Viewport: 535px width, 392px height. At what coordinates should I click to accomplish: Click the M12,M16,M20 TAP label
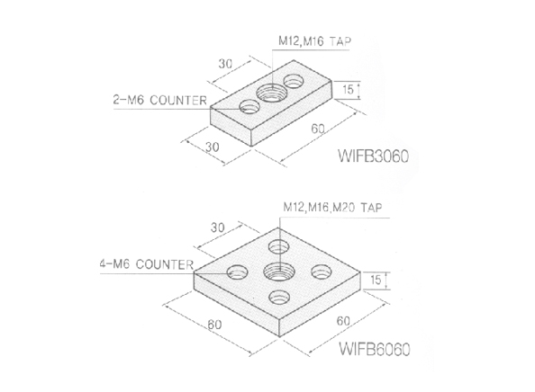[x=329, y=206]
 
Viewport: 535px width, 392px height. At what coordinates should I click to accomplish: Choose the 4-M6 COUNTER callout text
[x=146, y=265]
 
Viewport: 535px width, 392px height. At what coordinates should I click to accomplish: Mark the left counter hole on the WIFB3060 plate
[x=249, y=108]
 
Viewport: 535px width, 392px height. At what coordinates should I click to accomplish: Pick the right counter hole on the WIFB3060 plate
[x=294, y=82]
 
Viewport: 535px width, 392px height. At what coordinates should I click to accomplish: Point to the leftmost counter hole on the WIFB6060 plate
[x=239, y=270]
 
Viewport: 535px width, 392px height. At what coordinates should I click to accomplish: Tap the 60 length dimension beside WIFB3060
[x=317, y=129]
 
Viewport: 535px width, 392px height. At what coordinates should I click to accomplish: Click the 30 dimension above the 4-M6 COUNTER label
[x=216, y=227]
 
